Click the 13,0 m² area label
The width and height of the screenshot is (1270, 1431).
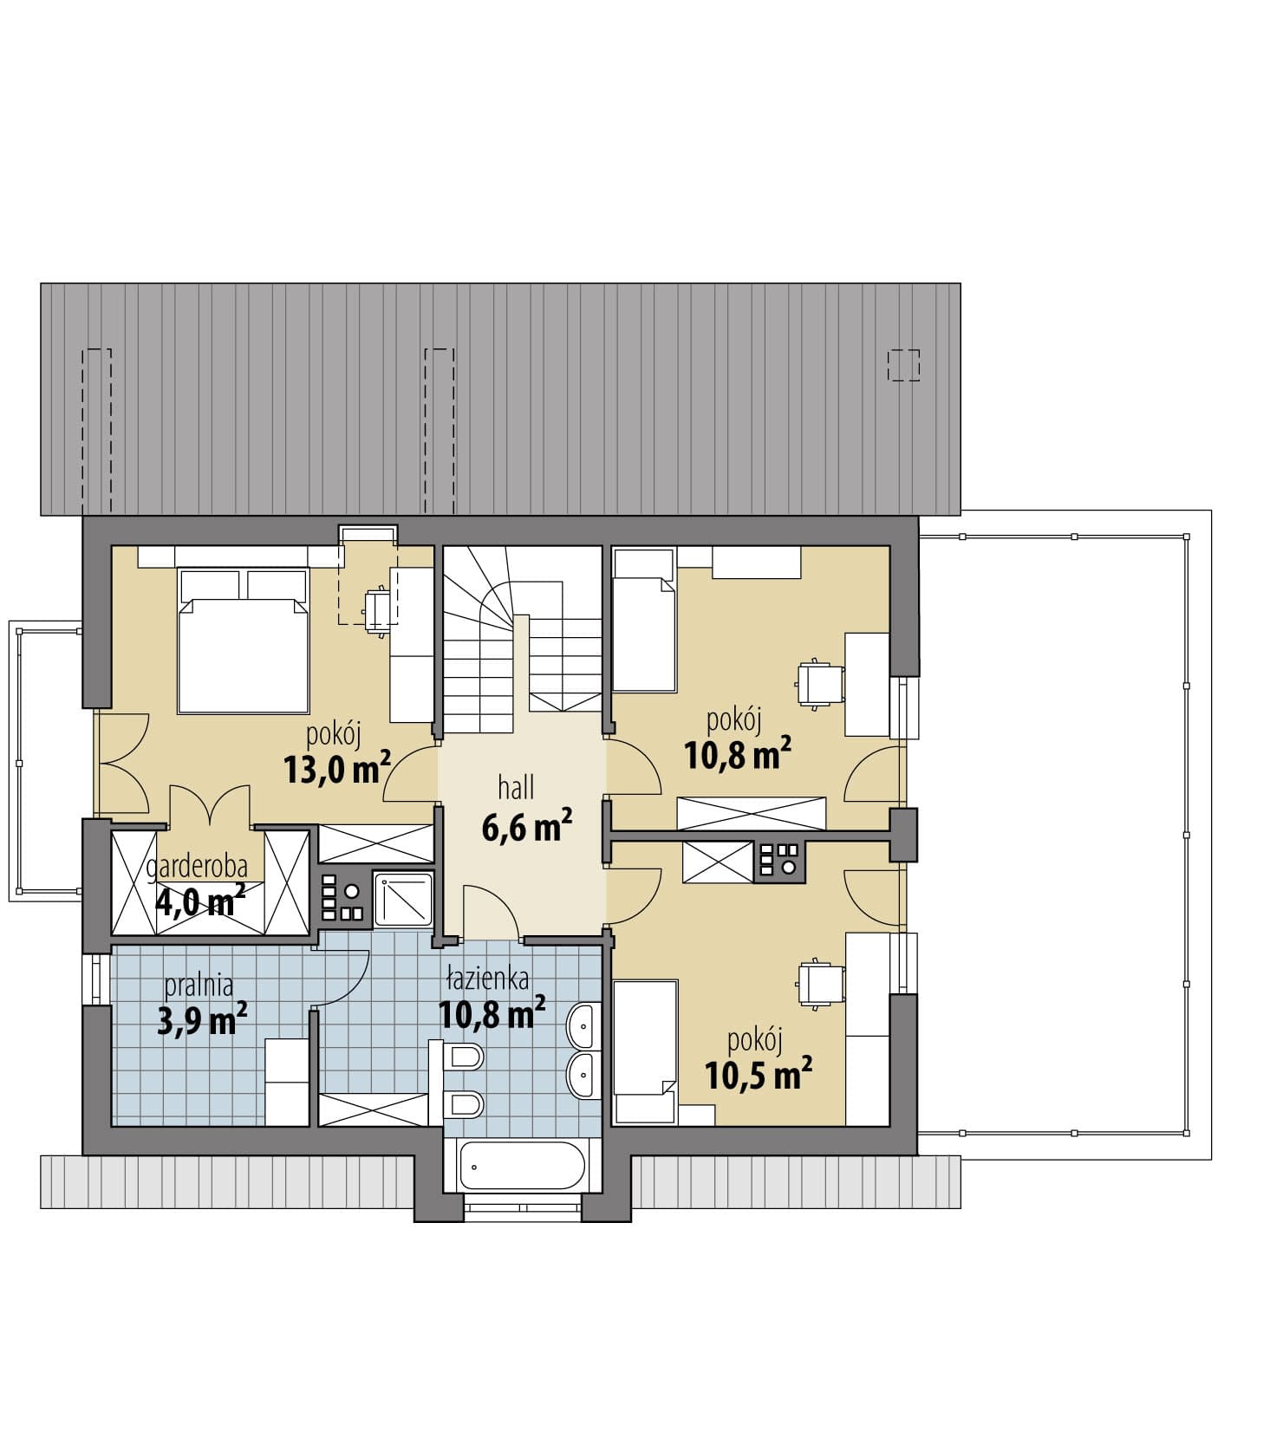click(x=337, y=768)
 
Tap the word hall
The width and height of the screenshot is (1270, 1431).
click(x=516, y=787)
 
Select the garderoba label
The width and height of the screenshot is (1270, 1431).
click(x=197, y=865)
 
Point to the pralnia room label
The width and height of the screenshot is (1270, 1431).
click(x=199, y=985)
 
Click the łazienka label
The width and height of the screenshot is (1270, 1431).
click(x=487, y=979)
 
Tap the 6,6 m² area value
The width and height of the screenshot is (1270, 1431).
click(x=526, y=826)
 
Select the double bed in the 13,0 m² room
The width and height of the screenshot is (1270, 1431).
click(x=244, y=641)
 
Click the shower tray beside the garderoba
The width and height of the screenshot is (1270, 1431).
click(x=403, y=899)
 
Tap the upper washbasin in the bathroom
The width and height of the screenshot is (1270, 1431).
click(x=584, y=1026)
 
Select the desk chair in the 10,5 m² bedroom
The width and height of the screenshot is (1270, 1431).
click(x=819, y=985)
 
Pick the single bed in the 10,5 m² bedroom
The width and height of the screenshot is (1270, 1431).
click(x=644, y=1052)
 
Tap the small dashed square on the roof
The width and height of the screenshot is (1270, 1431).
click(x=903, y=365)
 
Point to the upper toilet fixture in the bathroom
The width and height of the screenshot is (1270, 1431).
click(x=464, y=1057)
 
